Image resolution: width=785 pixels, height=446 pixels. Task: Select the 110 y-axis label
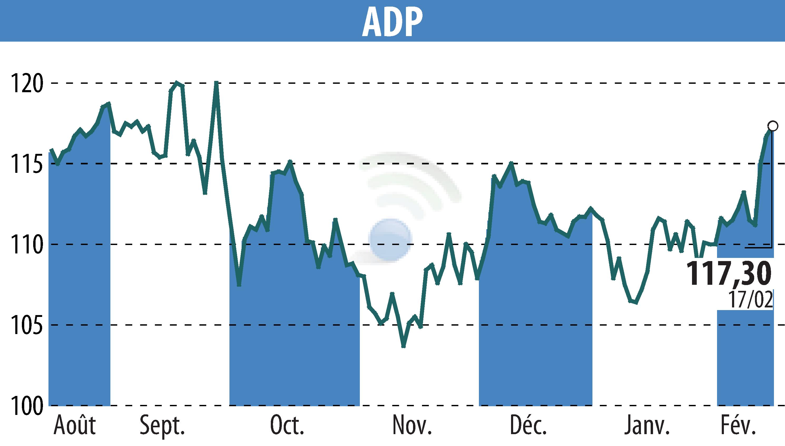coord(27,245)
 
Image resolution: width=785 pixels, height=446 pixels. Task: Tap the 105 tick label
coord(27,326)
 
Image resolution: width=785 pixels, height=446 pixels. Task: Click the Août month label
coord(75,425)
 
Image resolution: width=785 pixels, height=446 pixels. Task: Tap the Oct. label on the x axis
coord(287,425)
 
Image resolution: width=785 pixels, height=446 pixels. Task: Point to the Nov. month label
coord(412,425)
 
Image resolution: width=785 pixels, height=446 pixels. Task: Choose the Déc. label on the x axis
coord(528,425)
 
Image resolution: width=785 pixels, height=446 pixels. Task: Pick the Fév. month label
coord(738,425)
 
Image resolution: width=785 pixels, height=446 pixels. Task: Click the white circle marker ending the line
coord(773,126)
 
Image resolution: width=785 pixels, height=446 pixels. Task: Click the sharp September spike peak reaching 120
coord(216,83)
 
